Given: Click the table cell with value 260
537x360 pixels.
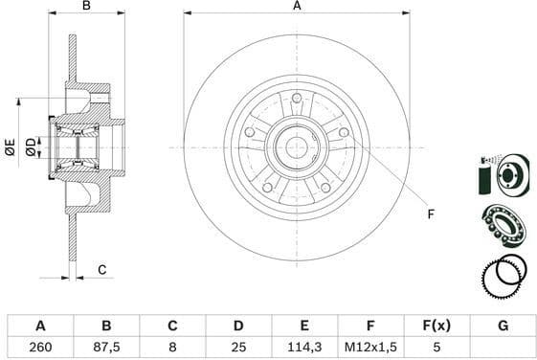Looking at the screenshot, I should (39, 349).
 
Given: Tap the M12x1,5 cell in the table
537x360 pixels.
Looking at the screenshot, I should (364, 349).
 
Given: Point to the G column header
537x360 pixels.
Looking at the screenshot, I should (503, 326).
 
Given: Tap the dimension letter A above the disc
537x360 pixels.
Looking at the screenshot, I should (297, 7).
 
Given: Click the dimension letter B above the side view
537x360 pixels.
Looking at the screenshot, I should (86, 7).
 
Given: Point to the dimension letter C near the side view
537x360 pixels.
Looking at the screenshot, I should (102, 271).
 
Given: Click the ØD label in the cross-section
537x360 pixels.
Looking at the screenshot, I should (32, 146).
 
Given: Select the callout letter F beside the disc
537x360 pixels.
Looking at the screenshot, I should (431, 213).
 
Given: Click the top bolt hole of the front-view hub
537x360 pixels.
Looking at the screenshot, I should (297, 100).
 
